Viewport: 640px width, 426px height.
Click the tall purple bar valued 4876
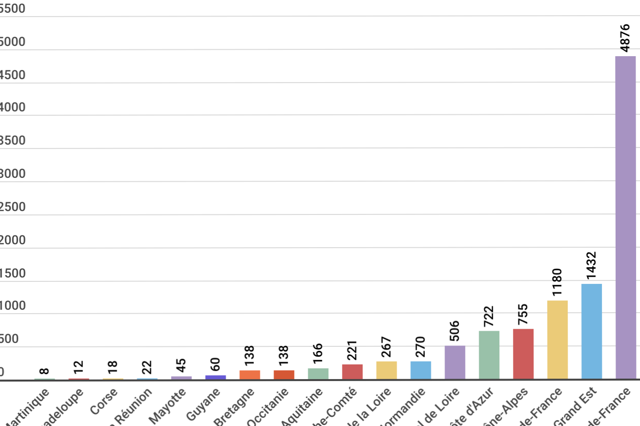click(x=625, y=217)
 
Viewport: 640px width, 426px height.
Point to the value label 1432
click(x=592, y=265)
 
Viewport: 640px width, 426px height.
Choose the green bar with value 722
click(x=489, y=355)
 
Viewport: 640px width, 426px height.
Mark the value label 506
click(x=455, y=331)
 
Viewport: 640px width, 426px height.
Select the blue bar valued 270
click(x=421, y=370)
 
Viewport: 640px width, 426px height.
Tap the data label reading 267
click(x=386, y=347)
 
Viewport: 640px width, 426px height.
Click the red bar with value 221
click(x=352, y=371)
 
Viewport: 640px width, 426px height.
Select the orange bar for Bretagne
click(x=250, y=374)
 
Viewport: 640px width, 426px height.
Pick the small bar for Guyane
click(x=215, y=377)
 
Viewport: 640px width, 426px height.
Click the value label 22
click(x=147, y=366)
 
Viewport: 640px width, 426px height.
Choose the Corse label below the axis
click(x=104, y=400)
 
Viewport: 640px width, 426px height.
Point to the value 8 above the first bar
click(x=44, y=371)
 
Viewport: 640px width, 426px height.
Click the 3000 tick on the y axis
click(x=12, y=174)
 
